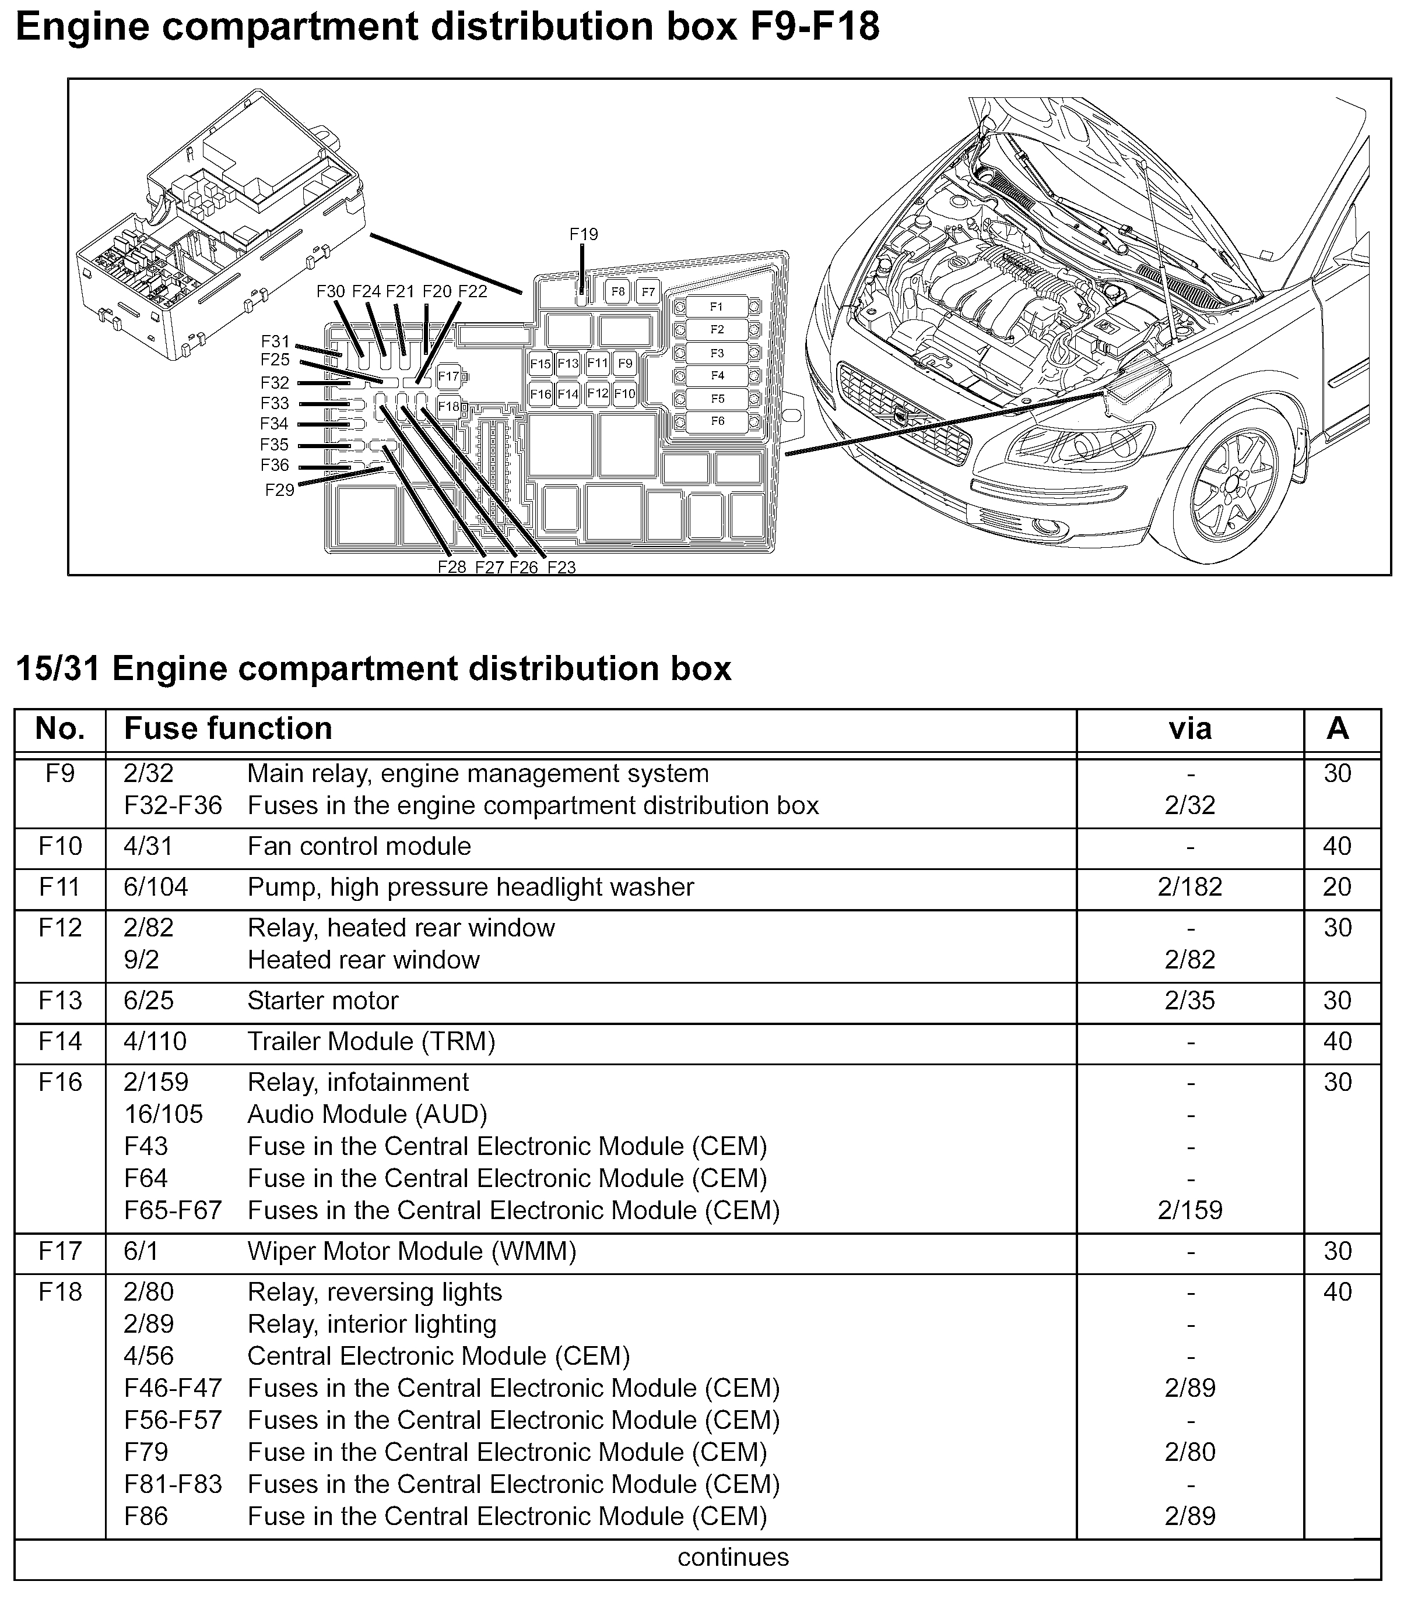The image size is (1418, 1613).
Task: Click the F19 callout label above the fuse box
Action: [x=584, y=234]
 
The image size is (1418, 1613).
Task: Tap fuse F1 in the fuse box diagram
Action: [x=716, y=306]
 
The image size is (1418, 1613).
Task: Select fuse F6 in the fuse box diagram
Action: [x=716, y=421]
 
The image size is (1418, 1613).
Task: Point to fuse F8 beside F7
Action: [x=617, y=291]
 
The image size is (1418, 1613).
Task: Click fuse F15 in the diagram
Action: [x=540, y=364]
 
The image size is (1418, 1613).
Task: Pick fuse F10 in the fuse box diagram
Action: [x=624, y=393]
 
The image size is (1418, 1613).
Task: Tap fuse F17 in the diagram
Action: [x=448, y=376]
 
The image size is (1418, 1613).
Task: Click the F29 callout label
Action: [x=279, y=490]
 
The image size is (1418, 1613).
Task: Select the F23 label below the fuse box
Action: [x=561, y=566]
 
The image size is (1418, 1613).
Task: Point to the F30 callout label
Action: [x=331, y=291]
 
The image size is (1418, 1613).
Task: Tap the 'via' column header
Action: [x=1190, y=728]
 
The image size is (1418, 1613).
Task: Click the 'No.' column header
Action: [x=60, y=728]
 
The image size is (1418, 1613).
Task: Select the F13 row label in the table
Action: [x=60, y=1001]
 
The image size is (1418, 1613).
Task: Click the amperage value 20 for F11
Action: [x=1337, y=887]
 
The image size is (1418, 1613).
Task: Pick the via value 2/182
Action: [x=1190, y=887]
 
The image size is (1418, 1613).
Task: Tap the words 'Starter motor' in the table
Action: [x=323, y=1001]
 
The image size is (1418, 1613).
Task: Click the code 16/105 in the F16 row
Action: [x=163, y=1114]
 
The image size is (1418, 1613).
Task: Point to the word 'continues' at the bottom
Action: [x=733, y=1557]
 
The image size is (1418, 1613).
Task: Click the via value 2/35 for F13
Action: [x=1190, y=1001]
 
